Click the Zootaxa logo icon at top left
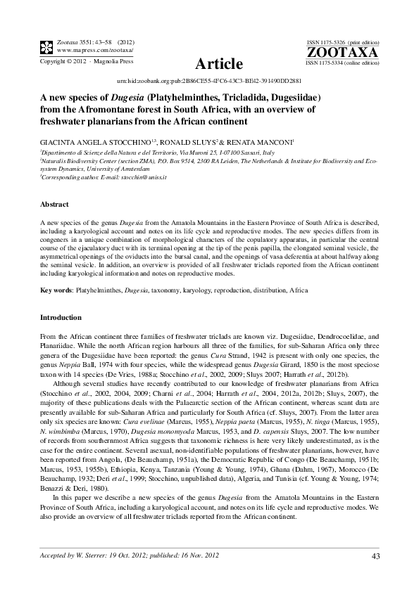tap(46, 47)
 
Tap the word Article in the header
tap(219, 64)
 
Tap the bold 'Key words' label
tap(55, 290)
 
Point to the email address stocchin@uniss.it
tap(145, 179)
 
